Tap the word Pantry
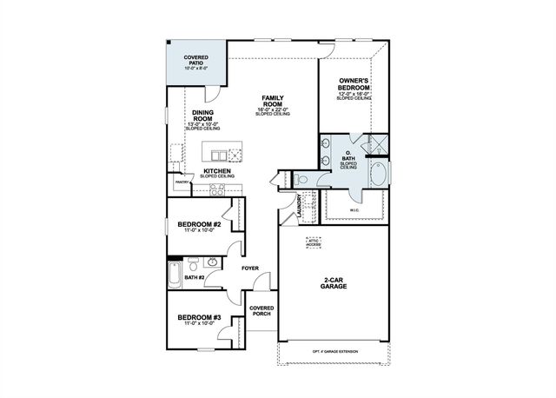182,182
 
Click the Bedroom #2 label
200,224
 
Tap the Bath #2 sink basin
211,262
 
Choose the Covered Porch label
261,311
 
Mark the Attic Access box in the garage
313,242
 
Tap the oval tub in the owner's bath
380,174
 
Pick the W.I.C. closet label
354,209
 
